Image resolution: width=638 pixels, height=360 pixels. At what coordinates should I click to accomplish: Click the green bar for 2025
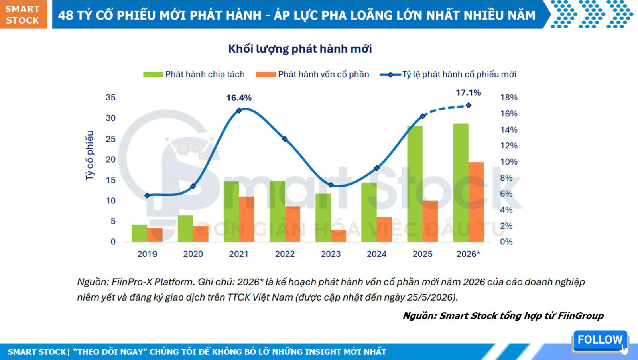[415, 184]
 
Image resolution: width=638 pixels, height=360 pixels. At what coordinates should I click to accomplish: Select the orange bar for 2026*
[476, 202]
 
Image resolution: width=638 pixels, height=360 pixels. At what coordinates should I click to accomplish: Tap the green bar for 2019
[140, 233]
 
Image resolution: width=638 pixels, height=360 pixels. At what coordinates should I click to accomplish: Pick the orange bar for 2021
[247, 219]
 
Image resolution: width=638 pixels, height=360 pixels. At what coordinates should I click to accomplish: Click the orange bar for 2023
[339, 236]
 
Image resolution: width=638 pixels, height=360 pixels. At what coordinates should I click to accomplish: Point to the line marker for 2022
[285, 139]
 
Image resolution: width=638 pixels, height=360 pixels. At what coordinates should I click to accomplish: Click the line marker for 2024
[377, 168]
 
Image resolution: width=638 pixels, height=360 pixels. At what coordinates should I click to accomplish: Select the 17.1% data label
[469, 92]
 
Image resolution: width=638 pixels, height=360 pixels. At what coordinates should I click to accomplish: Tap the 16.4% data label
[239, 98]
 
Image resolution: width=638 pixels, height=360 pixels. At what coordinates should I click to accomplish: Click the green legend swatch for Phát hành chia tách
[153, 74]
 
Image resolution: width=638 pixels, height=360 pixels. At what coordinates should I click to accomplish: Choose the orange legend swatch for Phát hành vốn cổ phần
[266, 74]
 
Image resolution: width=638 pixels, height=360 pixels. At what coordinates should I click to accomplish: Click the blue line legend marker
[390, 75]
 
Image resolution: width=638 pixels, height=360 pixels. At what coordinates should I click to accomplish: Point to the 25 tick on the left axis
[111, 139]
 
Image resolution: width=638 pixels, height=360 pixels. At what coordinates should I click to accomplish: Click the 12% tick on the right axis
[509, 146]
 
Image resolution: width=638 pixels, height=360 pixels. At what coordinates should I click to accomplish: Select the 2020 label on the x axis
[193, 254]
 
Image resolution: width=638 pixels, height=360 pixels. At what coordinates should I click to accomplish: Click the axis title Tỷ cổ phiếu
[89, 155]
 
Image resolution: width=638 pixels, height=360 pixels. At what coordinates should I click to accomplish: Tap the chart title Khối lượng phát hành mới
[300, 49]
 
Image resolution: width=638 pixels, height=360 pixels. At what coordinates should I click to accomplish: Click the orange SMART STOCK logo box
[24, 14]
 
